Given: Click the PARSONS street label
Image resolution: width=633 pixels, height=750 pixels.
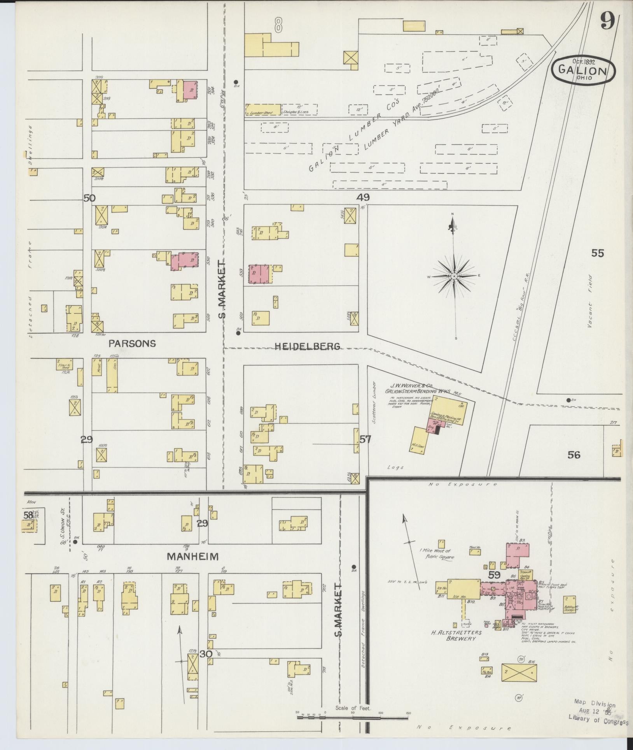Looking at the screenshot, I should (132, 343).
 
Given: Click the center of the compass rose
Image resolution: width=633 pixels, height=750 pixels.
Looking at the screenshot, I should (454, 276).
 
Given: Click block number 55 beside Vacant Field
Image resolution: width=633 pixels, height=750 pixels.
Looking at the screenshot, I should (598, 253).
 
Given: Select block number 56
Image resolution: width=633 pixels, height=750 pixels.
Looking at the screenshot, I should (574, 455).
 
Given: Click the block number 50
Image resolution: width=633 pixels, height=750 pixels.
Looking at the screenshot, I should (89, 198).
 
